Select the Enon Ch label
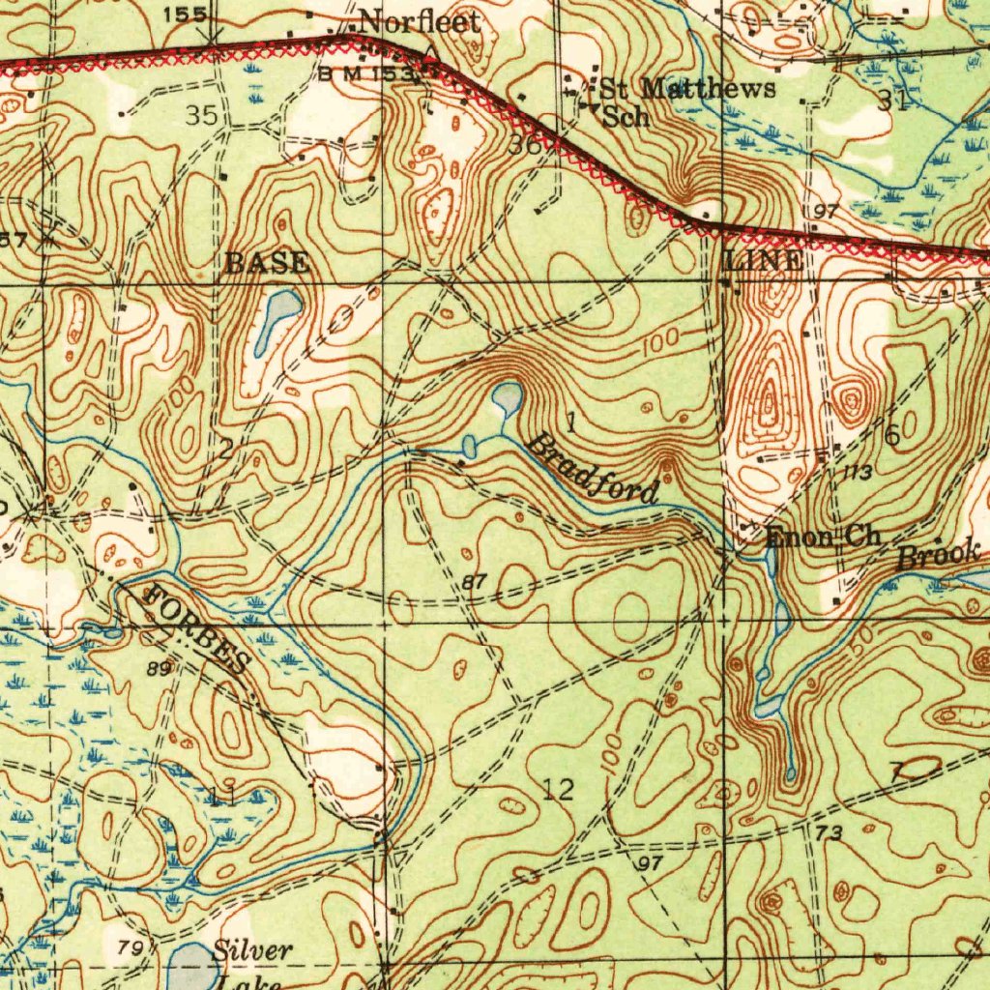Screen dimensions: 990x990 822,538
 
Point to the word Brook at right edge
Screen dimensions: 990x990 938,556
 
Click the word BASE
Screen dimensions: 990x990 267,262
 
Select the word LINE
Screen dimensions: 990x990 763,260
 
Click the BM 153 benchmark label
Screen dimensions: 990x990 367,73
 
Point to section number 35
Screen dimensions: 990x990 201,115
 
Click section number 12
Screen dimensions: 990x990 559,790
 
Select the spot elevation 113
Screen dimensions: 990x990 857,472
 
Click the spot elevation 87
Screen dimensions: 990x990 474,581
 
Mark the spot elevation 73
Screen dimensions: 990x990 829,832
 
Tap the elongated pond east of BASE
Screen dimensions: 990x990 277,319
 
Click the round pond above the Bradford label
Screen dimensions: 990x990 507,395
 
